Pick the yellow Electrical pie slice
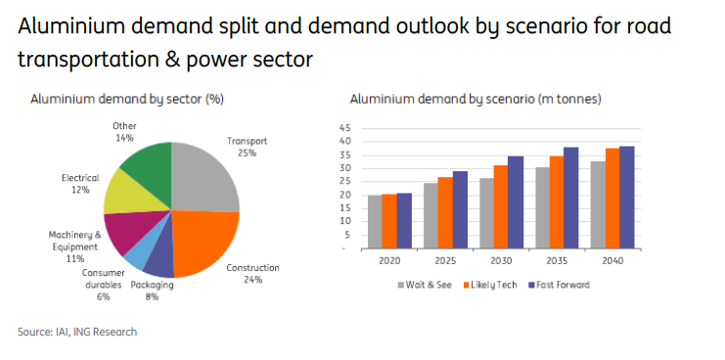(x=132, y=194)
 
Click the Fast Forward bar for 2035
(x=570, y=199)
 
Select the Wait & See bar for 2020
(x=375, y=222)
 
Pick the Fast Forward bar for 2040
(x=626, y=198)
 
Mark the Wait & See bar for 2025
(x=430, y=216)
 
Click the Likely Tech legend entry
(x=490, y=285)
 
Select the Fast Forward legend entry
(x=559, y=285)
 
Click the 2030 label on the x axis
(x=501, y=260)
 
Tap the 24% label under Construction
(x=252, y=279)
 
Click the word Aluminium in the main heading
(x=71, y=26)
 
